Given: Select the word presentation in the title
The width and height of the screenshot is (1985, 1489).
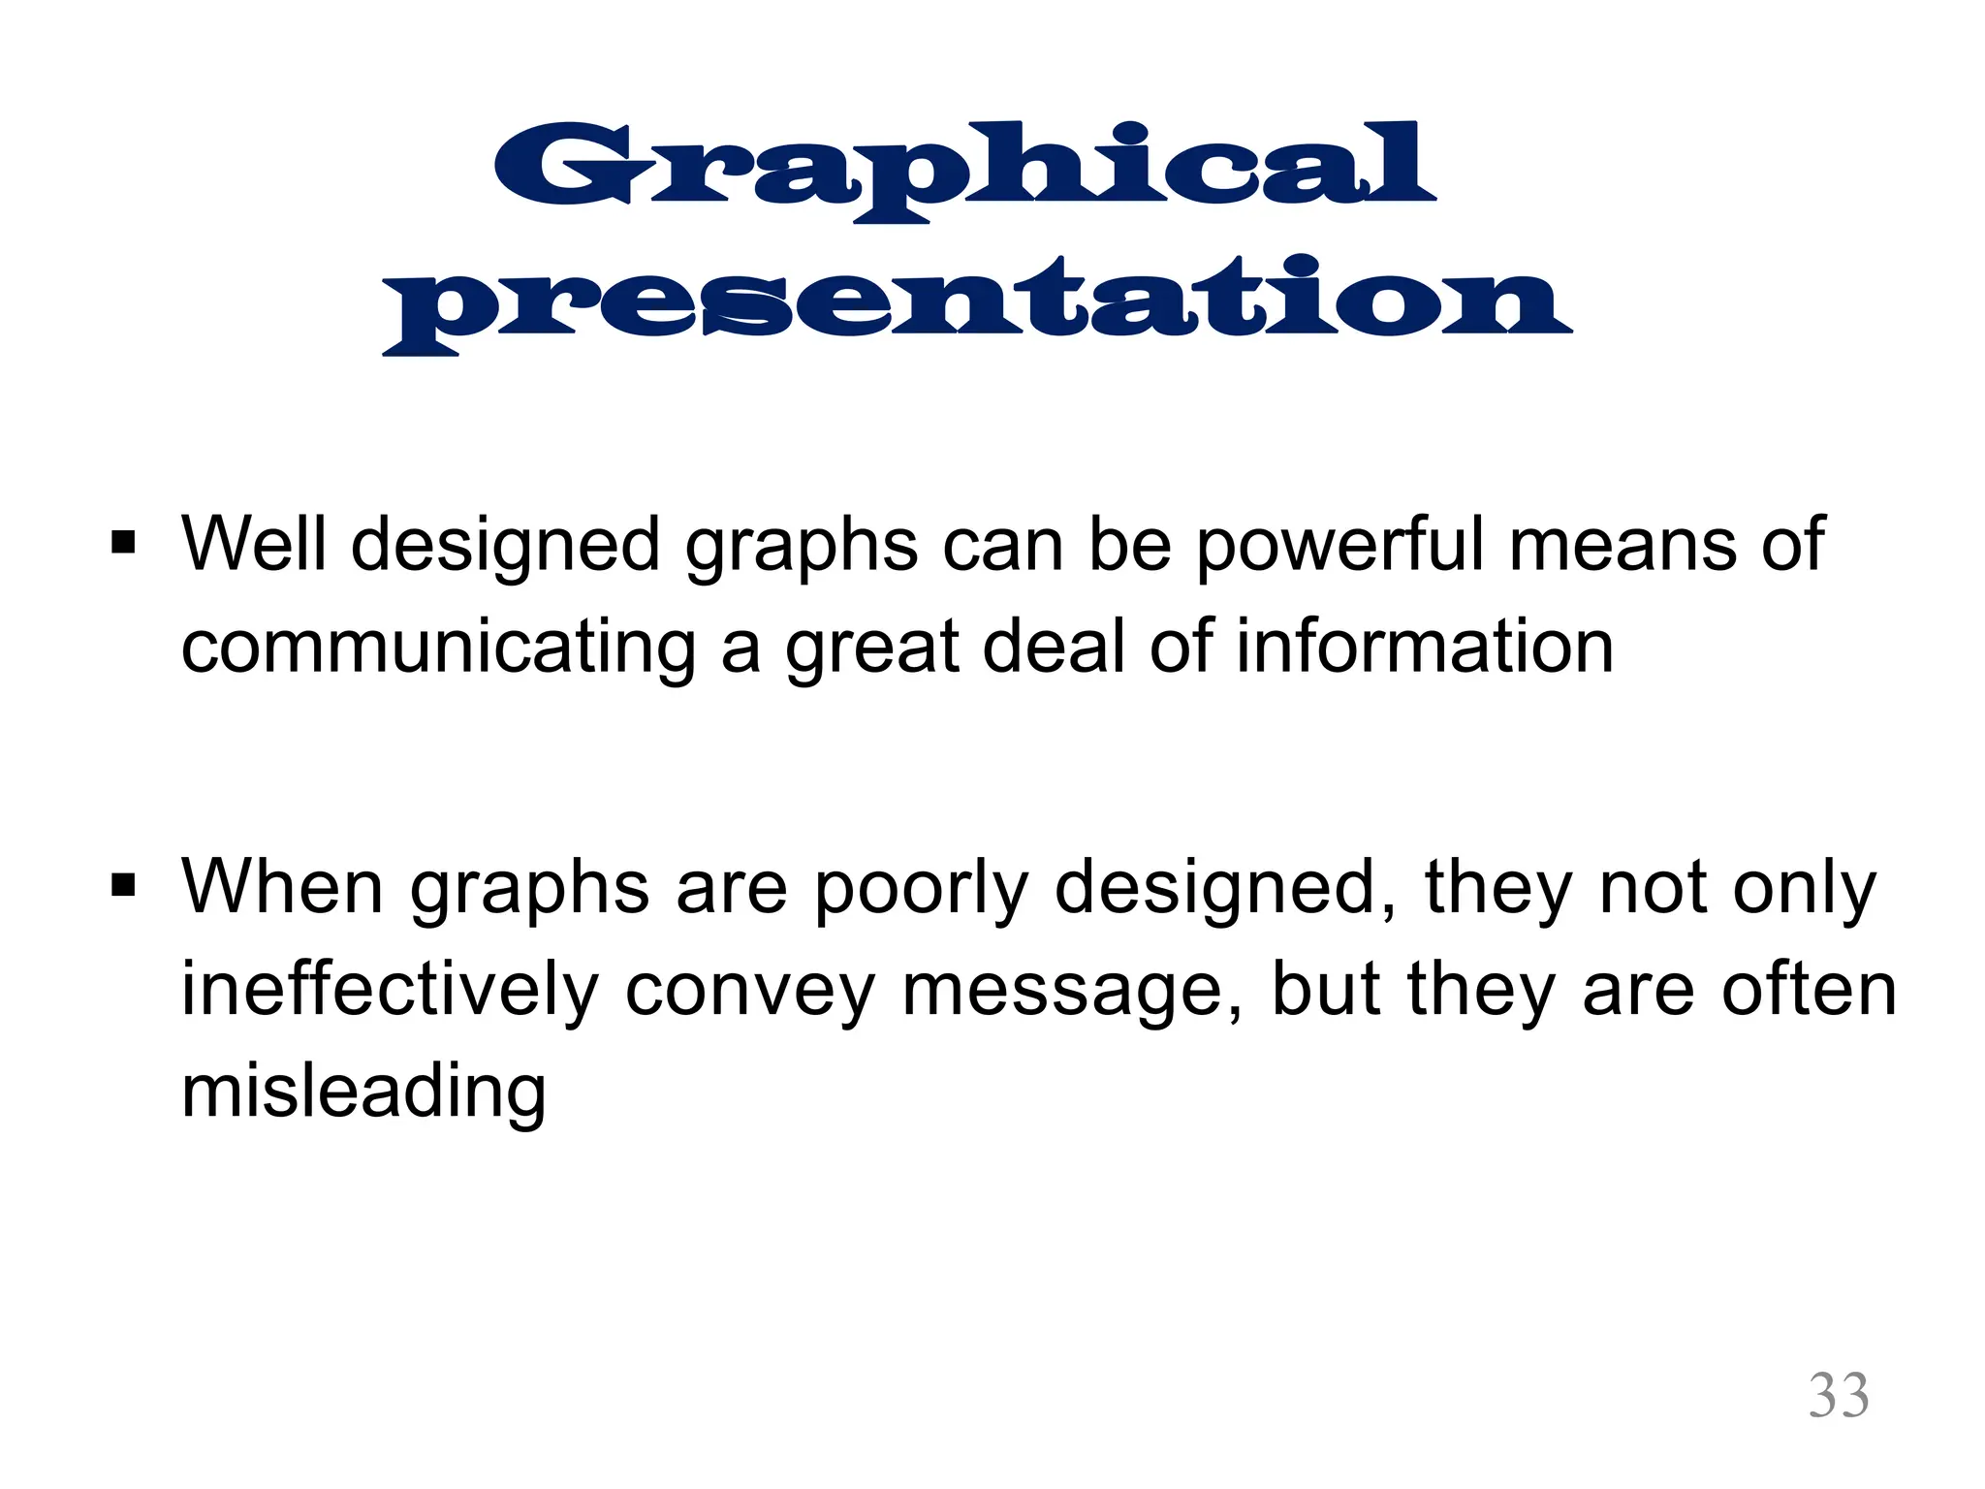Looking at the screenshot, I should coord(977,301).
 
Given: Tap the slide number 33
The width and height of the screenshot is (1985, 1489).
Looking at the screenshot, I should coord(1839,1396).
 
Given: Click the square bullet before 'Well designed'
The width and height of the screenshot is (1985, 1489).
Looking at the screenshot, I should coord(123,542).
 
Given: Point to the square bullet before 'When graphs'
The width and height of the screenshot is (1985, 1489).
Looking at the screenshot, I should coord(123,885).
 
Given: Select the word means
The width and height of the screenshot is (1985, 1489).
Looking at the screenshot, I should coord(1623,546).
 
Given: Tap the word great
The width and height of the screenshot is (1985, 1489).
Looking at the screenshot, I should coord(872,649).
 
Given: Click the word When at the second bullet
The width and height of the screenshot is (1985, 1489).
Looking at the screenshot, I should coord(282,886).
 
